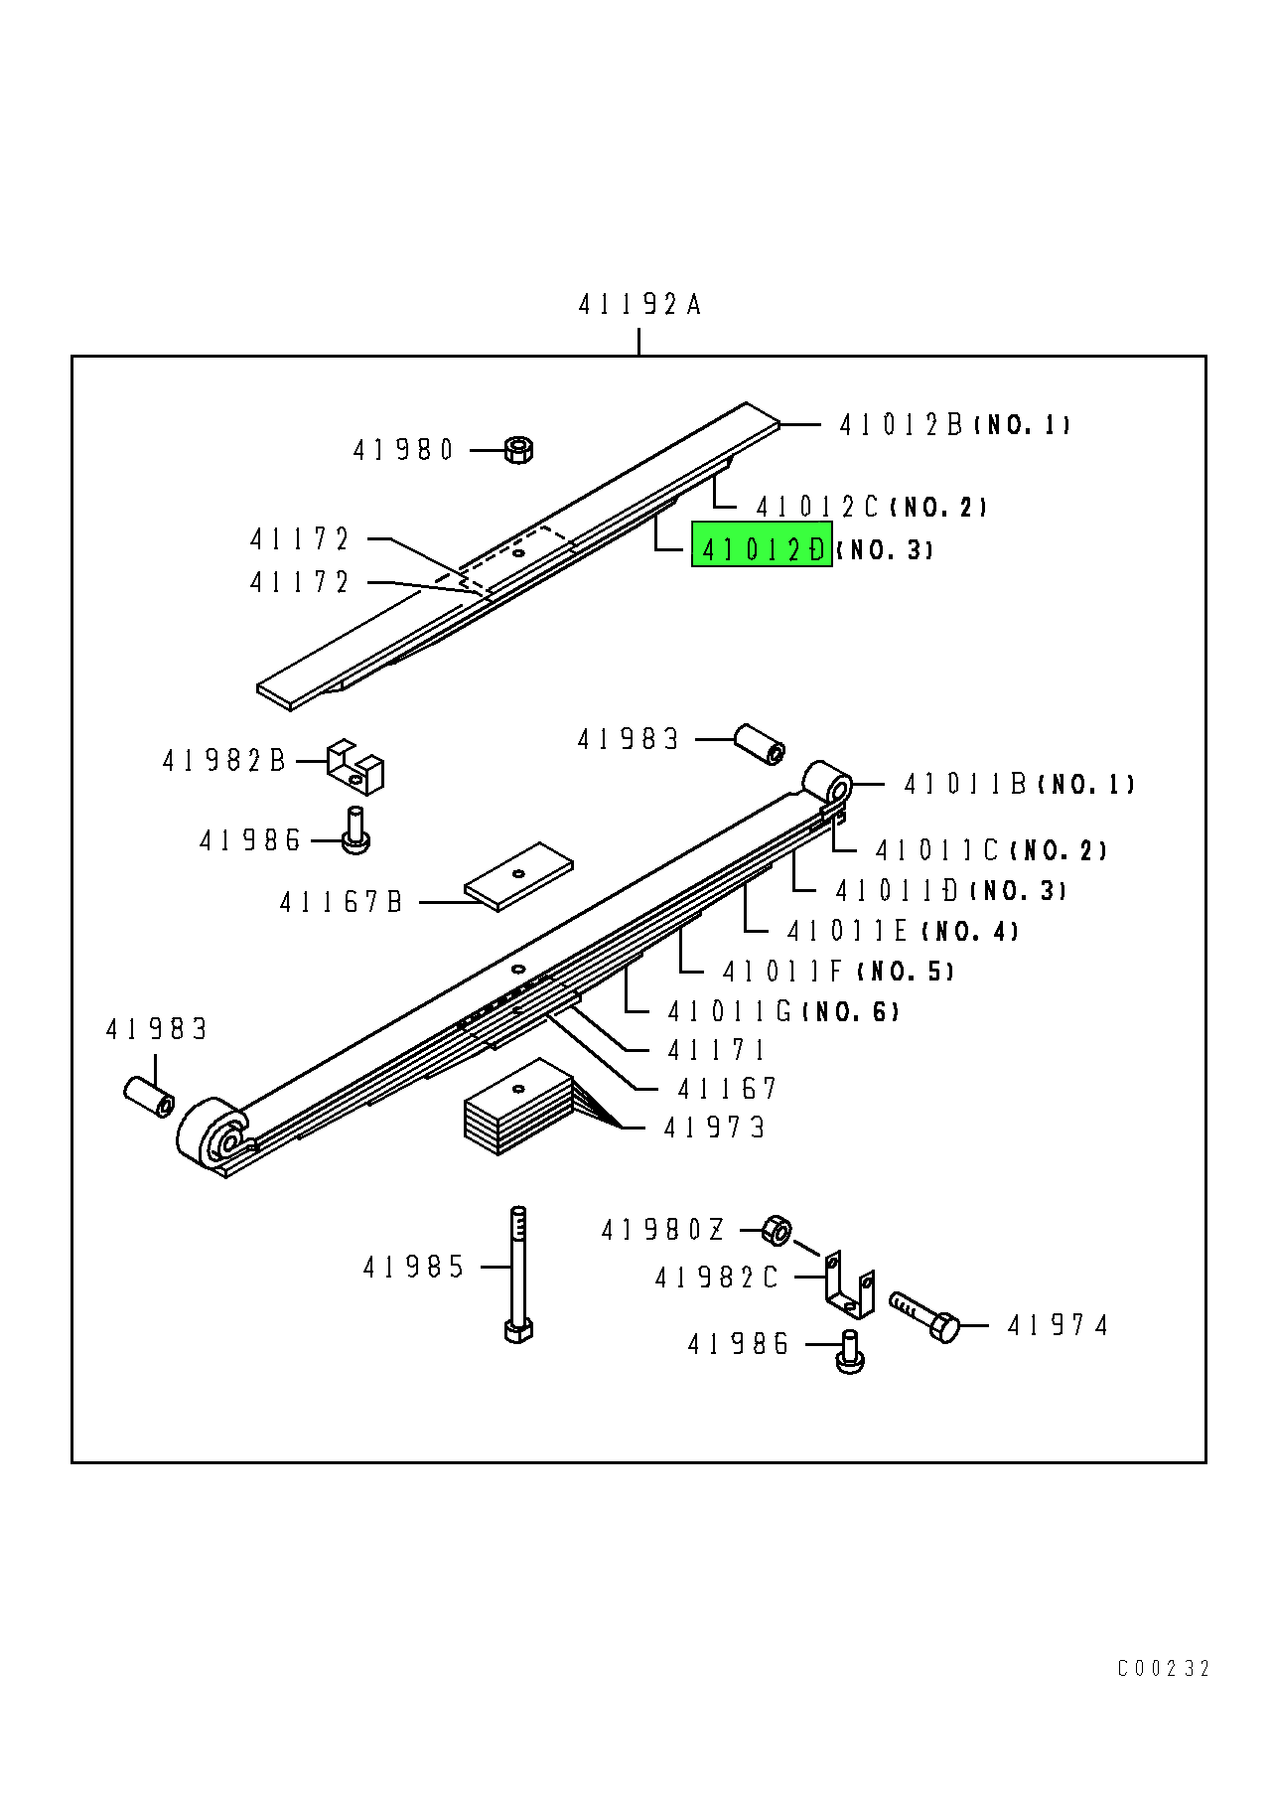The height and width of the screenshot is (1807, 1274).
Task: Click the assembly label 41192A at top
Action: [639, 304]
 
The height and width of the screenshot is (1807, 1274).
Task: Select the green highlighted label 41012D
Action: [762, 549]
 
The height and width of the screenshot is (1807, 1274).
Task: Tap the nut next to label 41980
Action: [518, 450]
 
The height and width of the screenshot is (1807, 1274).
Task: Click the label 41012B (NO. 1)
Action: [953, 425]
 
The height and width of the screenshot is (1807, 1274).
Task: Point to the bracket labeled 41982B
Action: [354, 767]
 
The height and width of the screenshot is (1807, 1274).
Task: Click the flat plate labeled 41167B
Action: [518, 876]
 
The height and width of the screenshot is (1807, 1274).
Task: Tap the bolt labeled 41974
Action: [925, 1316]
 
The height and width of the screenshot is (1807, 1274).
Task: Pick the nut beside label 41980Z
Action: [778, 1232]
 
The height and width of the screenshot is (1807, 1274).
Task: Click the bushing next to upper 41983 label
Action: [760, 745]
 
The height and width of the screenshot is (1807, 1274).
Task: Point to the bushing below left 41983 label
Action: [150, 1096]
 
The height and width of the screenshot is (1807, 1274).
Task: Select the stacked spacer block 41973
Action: [518, 1108]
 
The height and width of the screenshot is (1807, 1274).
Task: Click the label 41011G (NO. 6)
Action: [782, 1012]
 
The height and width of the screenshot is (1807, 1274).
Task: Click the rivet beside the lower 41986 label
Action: [850, 1352]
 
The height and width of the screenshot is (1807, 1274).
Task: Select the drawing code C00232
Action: [1163, 1669]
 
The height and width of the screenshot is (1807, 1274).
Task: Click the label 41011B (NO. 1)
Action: [1018, 785]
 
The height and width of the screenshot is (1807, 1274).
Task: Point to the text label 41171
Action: [716, 1051]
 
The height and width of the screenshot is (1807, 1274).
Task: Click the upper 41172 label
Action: [300, 539]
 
